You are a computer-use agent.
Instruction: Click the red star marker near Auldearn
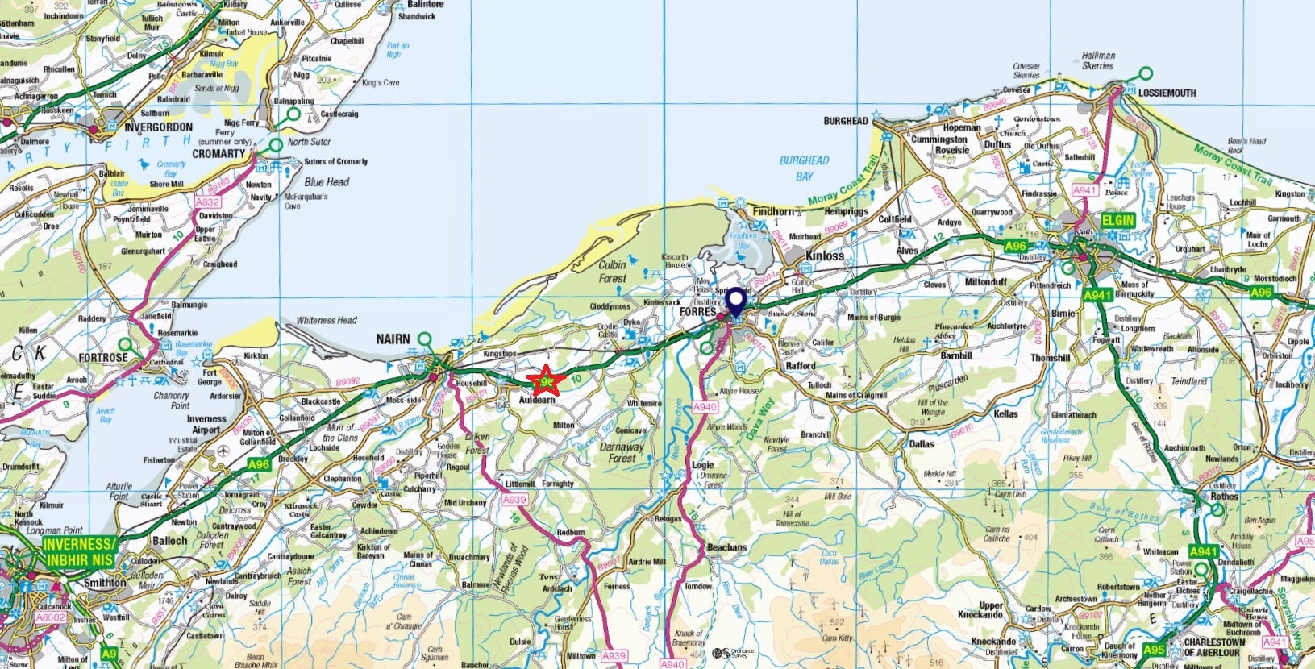(x=546, y=379)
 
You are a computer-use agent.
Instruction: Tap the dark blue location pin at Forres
(x=736, y=303)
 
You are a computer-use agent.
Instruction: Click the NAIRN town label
(x=393, y=339)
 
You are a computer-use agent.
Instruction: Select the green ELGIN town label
(x=1118, y=220)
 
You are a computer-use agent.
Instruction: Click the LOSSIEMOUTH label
(x=1167, y=93)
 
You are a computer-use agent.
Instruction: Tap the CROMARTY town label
(x=218, y=153)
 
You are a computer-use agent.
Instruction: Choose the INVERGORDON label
(x=158, y=127)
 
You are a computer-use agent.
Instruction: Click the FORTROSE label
(x=103, y=357)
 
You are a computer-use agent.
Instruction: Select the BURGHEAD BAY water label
(x=804, y=168)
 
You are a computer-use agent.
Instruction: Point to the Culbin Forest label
(x=612, y=272)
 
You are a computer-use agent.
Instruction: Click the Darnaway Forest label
(x=622, y=452)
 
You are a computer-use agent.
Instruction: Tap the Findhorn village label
(x=772, y=211)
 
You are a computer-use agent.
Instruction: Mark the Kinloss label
(x=825, y=256)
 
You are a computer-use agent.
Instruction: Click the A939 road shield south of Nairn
(x=514, y=500)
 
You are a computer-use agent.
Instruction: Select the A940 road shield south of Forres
(x=705, y=407)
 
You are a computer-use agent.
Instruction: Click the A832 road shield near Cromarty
(x=207, y=202)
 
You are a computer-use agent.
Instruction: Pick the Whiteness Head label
(x=326, y=320)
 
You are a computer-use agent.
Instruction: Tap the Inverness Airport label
(x=206, y=424)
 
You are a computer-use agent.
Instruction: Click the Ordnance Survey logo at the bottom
(x=733, y=653)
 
